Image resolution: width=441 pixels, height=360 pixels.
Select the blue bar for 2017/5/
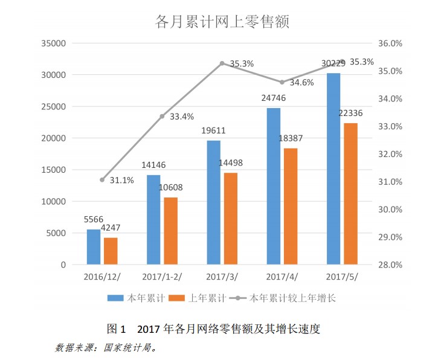[x=333, y=169]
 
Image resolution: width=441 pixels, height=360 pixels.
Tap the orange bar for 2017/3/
[x=230, y=219]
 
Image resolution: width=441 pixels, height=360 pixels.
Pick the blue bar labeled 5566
[x=94, y=246]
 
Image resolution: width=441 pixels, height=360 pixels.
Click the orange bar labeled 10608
[x=171, y=231]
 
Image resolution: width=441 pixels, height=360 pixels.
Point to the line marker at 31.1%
[x=102, y=179]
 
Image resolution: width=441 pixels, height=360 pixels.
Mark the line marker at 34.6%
[x=282, y=82]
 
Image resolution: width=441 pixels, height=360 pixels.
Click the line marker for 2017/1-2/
[x=162, y=116]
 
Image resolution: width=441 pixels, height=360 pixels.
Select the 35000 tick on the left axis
[x=54, y=43]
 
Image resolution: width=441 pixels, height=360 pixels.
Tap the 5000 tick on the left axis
[x=56, y=233]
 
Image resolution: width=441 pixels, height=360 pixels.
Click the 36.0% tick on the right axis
[x=389, y=43]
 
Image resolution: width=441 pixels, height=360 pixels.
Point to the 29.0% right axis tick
[x=389, y=237]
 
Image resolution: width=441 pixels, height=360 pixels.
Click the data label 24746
[x=273, y=97]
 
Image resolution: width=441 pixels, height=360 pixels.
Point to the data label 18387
[x=291, y=138]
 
